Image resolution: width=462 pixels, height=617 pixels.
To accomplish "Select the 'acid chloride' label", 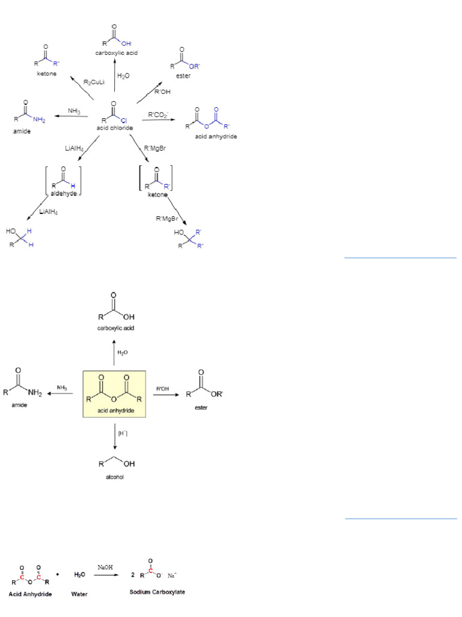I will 114,128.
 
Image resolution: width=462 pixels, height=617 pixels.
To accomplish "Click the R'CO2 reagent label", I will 158,114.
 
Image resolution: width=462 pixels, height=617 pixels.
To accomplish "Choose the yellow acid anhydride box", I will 114,393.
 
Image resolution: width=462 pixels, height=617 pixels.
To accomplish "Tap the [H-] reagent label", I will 122,433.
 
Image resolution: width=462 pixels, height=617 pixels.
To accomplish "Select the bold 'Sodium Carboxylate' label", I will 157,592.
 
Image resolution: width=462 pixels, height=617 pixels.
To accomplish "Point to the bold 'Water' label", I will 79,594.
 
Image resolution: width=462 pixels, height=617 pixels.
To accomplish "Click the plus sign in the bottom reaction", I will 57,575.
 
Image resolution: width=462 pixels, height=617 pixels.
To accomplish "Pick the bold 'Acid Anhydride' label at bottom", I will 30,594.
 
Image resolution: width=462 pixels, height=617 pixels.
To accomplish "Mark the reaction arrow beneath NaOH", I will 106,575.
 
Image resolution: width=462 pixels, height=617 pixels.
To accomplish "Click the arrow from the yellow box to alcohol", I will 114,437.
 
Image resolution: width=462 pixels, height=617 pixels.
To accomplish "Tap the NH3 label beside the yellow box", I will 61,387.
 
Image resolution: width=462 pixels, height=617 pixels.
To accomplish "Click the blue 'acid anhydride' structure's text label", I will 216,137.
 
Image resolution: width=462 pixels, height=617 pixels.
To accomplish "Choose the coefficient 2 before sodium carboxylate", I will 133,575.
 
